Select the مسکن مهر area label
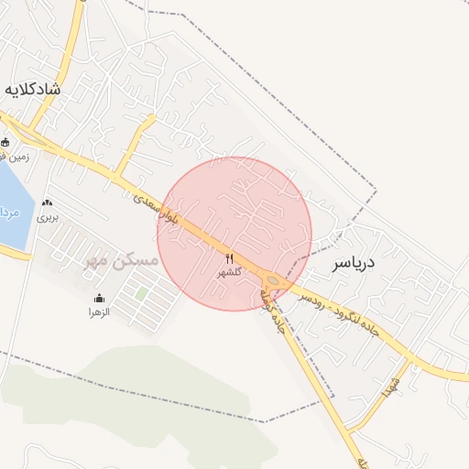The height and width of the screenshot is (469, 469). click(x=121, y=261)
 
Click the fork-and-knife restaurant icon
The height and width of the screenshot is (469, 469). click(x=229, y=258)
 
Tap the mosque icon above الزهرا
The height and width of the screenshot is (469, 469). click(x=99, y=298)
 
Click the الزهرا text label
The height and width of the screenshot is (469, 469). click(x=99, y=312)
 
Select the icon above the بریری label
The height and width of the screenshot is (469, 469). click(x=47, y=202)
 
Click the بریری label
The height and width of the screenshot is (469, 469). click(x=47, y=218)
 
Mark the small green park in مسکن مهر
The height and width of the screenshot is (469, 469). click(x=142, y=293)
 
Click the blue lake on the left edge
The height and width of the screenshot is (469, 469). click(x=9, y=206)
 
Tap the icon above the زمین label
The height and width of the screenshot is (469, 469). click(x=5, y=142)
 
